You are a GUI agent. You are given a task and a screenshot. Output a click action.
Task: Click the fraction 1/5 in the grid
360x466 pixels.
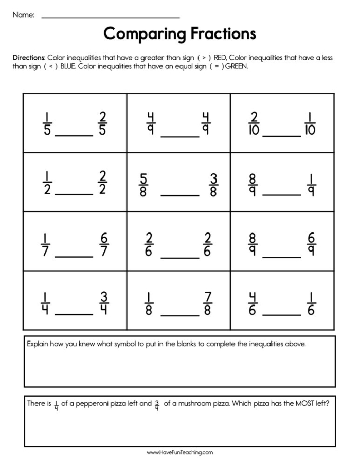pos(47,123)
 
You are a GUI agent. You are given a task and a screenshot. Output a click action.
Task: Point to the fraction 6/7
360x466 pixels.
pos(104,244)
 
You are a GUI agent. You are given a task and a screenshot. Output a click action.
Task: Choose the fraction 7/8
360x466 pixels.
pos(208,303)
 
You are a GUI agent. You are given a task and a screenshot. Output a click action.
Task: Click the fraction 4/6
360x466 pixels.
pos(253,303)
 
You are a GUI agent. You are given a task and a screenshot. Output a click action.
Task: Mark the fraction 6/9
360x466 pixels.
pos(312,244)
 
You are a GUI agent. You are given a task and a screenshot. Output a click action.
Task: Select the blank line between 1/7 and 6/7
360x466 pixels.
pos(74,256)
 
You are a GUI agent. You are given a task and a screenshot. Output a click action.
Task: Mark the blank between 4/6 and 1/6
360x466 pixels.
pos(281,315)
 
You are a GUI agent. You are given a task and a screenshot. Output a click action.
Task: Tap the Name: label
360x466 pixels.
pos(24,15)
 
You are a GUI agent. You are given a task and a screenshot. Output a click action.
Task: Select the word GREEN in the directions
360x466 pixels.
pos(237,66)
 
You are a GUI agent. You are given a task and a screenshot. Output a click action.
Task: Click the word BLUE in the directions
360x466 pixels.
pos(68,66)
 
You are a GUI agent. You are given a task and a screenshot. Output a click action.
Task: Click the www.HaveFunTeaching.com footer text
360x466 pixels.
pos(179,453)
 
